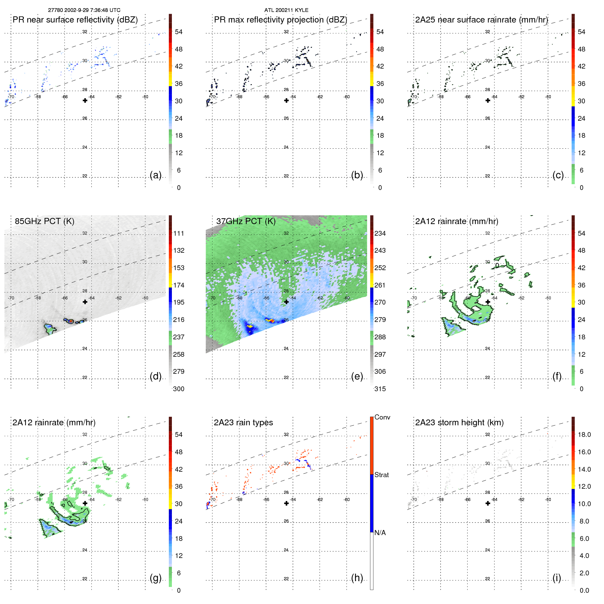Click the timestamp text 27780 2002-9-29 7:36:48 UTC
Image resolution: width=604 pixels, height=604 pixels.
[x=84, y=10]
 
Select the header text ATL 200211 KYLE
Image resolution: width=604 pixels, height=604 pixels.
[x=286, y=10]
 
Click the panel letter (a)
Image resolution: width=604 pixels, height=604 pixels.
[x=156, y=175]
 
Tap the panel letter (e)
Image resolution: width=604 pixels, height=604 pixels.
[x=357, y=376]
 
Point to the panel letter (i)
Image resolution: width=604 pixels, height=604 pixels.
[x=557, y=578]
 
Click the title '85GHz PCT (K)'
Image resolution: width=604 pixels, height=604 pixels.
[x=44, y=221]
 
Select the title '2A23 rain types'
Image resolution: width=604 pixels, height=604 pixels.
[x=243, y=423]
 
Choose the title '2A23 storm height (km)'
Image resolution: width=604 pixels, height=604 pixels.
[x=459, y=423]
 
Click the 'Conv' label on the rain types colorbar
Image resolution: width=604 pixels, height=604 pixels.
[x=382, y=417]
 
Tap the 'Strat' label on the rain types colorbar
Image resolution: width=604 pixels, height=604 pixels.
[x=382, y=475]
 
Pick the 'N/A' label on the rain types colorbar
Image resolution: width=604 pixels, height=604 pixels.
[x=380, y=533]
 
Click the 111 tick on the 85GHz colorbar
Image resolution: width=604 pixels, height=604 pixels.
[x=179, y=233]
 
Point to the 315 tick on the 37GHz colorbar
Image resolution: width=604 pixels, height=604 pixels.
[x=380, y=389]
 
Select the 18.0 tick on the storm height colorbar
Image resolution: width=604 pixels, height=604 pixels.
[x=584, y=434]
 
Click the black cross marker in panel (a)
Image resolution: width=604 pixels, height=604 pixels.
[x=85, y=100]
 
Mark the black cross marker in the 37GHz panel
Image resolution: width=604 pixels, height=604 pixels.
[x=286, y=302]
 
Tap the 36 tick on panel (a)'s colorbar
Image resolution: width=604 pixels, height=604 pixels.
[x=179, y=84]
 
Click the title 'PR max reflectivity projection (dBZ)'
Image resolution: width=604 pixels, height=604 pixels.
[x=280, y=20]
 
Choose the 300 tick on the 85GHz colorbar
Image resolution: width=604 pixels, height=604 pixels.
[x=179, y=389]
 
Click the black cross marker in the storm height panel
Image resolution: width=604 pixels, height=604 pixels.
[x=488, y=503]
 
